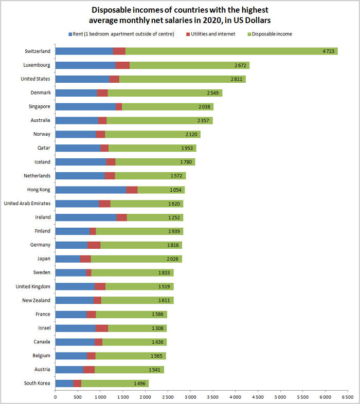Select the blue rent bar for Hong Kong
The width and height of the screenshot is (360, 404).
click(91, 190)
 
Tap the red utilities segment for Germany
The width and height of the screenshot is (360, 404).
click(94, 245)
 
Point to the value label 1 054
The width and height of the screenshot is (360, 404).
click(173, 190)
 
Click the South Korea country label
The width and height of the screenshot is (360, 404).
click(37, 383)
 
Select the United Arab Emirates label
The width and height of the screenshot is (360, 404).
click(27, 204)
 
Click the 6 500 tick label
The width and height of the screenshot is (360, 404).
click(347, 397)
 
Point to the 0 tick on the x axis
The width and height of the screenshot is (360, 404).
click(55, 397)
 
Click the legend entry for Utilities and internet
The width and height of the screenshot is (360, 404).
click(212, 34)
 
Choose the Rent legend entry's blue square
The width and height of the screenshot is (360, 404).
click(70, 34)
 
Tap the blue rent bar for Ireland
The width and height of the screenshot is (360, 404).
click(85, 217)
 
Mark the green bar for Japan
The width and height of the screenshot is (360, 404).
click(136, 259)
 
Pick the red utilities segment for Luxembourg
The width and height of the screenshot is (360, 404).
click(122, 65)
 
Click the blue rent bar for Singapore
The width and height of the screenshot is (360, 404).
click(85, 107)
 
